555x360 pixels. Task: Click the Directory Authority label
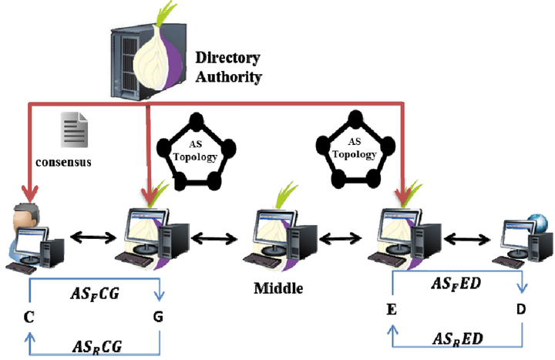point(228,67)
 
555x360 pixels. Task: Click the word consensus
point(62,163)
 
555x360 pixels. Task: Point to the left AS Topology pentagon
point(192,151)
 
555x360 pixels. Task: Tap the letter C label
point(29,316)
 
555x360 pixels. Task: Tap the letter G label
point(159,316)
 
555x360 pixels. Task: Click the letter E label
point(392,311)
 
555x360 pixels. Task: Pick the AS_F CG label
point(93,293)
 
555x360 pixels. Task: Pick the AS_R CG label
point(94,345)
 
